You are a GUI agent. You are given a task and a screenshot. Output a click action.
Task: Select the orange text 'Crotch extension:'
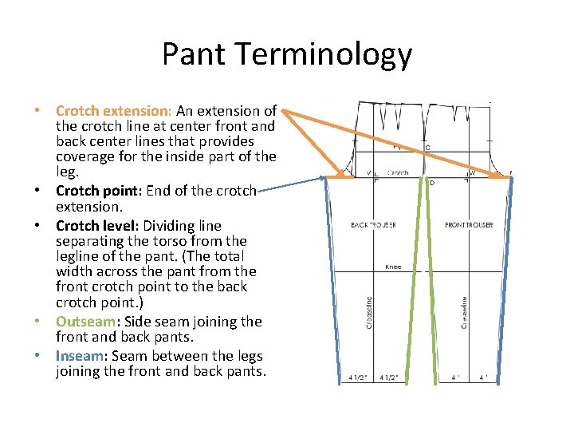click(x=114, y=111)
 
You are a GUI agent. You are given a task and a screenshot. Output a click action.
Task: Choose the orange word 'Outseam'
click(x=85, y=322)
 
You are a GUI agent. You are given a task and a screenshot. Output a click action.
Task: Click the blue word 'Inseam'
click(x=79, y=356)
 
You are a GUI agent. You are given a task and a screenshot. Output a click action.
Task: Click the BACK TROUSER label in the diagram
click(x=373, y=225)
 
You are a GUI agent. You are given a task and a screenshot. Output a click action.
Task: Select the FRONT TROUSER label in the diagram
click(x=468, y=225)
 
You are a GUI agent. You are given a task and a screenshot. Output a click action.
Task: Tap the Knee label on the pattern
click(x=392, y=267)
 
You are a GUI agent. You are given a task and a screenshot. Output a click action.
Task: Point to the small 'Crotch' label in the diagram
click(x=398, y=172)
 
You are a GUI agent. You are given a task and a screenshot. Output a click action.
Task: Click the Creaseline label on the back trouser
click(x=369, y=312)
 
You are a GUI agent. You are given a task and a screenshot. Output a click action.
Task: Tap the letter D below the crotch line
click(x=432, y=183)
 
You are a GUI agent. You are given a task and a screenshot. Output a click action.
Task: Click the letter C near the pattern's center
click(x=428, y=148)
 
